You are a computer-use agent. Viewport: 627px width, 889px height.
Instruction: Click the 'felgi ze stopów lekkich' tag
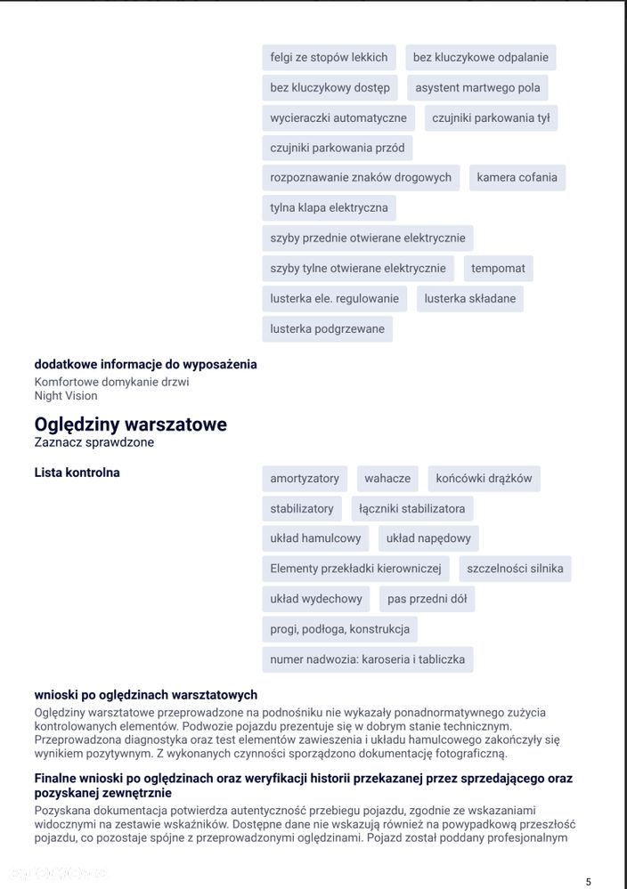[x=329, y=58]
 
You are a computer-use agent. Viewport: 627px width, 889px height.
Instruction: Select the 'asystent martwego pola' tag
[x=477, y=88]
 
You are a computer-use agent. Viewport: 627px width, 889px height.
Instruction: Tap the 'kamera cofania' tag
[x=517, y=177]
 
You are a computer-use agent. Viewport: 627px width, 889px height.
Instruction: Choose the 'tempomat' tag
[x=498, y=268]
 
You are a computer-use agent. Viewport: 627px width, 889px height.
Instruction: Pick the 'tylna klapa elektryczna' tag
[x=329, y=207]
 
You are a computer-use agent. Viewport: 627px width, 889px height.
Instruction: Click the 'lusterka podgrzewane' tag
[x=327, y=328]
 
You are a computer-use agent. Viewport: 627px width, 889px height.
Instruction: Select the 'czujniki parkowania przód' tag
[x=337, y=148]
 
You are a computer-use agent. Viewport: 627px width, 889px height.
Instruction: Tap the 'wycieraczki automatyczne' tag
[x=338, y=117]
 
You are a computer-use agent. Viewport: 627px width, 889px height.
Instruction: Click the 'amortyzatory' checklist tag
[x=305, y=478]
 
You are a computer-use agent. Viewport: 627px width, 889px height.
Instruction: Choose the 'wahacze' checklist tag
[x=387, y=478]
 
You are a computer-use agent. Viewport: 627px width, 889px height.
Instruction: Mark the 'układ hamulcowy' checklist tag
[x=315, y=538]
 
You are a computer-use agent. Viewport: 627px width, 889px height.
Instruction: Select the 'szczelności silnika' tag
[x=515, y=569]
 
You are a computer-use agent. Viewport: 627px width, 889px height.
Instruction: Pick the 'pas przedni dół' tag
[x=427, y=599]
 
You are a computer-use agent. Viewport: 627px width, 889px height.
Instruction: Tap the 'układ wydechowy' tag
[x=316, y=599]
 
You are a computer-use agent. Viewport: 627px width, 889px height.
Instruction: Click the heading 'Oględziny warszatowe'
[x=130, y=424]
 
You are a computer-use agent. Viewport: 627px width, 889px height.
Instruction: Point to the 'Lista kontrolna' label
[x=77, y=473]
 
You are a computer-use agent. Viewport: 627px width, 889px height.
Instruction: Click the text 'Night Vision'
[x=66, y=395]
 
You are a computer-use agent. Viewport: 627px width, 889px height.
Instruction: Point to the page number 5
[x=588, y=882]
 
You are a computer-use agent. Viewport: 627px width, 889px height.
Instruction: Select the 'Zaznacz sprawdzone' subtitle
[x=94, y=442]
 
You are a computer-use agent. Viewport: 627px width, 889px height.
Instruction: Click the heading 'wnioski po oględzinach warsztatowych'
[x=145, y=695]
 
